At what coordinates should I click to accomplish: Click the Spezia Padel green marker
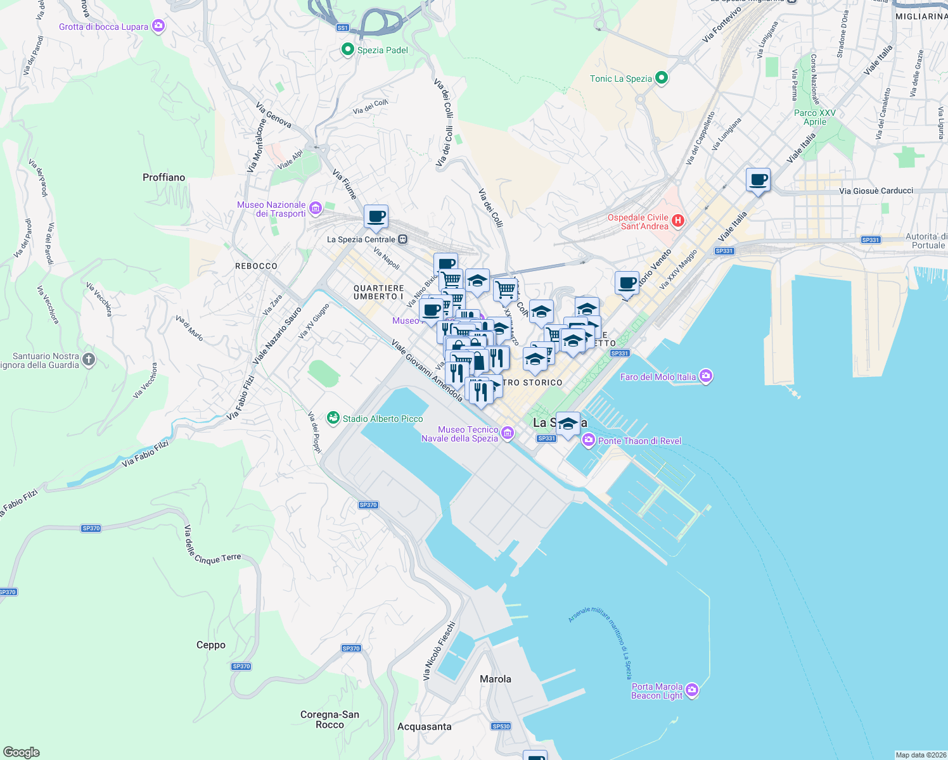pos(347,49)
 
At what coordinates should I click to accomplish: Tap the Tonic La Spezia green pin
pos(662,78)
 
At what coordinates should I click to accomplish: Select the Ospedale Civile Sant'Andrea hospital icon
pos(678,220)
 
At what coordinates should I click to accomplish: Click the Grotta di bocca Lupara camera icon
pos(158,26)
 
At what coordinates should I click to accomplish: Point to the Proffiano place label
pos(163,177)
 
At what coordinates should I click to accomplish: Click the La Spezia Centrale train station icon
pos(402,239)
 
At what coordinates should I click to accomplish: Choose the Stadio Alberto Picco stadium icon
pos(333,418)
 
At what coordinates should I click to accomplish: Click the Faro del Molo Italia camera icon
pos(706,376)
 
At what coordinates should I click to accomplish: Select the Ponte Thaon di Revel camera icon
pos(589,440)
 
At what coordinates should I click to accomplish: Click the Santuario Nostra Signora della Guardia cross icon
pos(89,360)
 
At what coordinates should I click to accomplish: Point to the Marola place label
pos(495,679)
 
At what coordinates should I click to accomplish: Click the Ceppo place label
pos(210,645)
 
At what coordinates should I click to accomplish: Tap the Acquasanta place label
pos(424,726)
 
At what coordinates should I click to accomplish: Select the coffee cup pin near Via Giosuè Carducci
pos(758,180)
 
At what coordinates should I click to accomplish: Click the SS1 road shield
pos(342,28)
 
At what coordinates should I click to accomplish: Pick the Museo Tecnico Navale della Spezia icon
pos(507,433)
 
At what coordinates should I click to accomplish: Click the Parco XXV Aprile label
pos(815,117)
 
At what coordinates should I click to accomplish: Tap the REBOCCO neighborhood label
pos(256,266)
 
